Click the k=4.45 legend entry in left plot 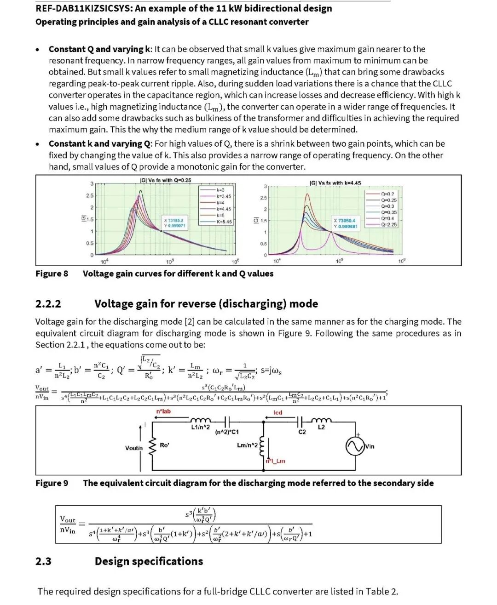point(223,209)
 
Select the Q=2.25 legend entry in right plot point(388,224)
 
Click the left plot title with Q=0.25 point(165,180)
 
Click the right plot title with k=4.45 point(335,183)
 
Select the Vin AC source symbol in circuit point(355,446)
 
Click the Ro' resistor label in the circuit point(164,445)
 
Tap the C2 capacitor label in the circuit point(302,432)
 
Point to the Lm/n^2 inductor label point(247,445)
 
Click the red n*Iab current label point(163,411)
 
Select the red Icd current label point(277,412)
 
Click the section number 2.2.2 point(48,304)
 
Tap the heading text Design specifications point(149,561)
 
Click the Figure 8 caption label point(52,274)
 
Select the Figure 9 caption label point(52,483)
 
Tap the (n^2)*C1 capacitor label point(227,432)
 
